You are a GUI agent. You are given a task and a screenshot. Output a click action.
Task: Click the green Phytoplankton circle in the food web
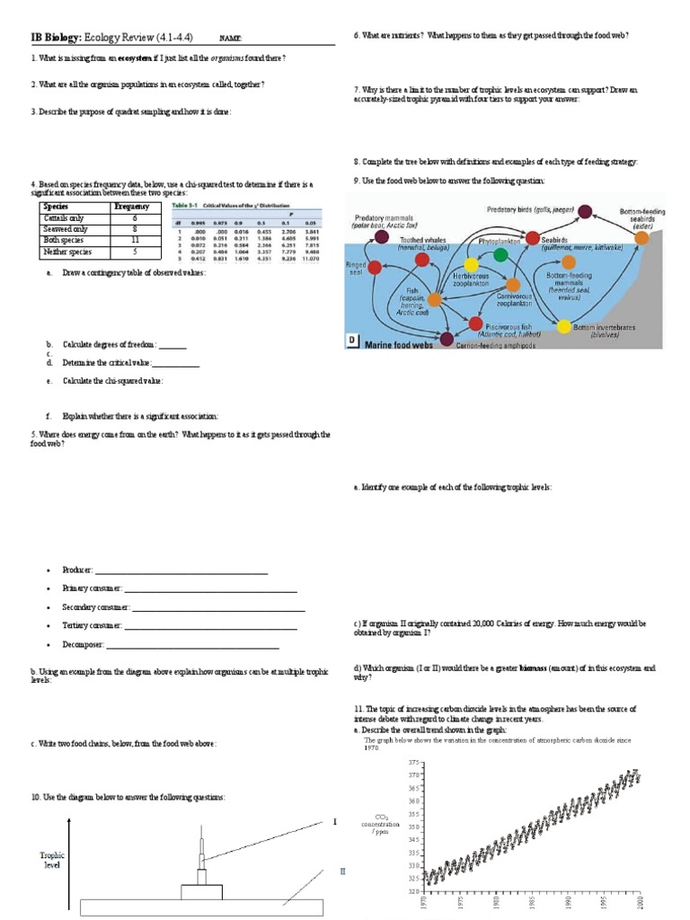tap(500, 255)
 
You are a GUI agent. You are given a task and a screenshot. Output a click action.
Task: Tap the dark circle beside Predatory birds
tap(585, 212)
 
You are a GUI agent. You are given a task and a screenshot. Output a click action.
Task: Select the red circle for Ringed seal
tap(375, 267)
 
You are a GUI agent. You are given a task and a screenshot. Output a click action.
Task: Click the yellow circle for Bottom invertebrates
tap(563, 325)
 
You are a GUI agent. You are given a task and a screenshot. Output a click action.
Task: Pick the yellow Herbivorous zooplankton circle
tap(471, 265)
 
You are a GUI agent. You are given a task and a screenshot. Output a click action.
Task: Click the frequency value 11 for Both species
tap(135, 241)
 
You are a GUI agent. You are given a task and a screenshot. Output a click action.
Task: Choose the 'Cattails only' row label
tap(64, 218)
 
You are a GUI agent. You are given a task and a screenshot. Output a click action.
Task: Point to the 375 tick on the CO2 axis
tap(413, 762)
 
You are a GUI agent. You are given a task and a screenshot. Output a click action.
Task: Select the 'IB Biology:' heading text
tap(57, 37)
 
